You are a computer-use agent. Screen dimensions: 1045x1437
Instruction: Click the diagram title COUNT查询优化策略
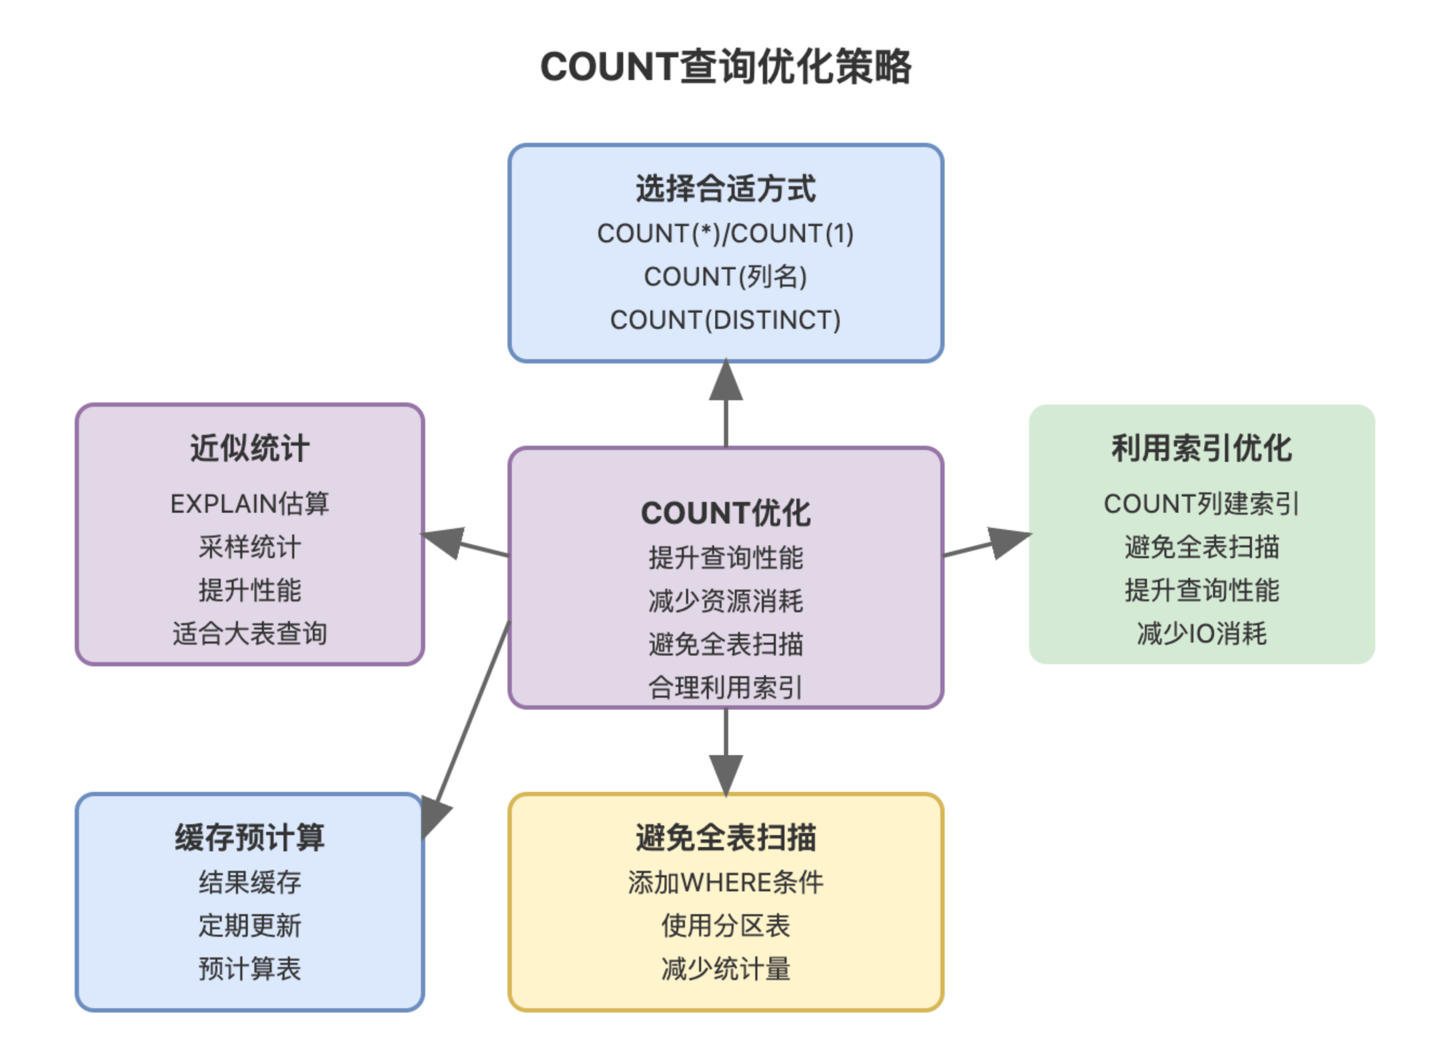(726, 67)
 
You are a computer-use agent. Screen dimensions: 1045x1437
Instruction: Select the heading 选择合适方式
(726, 189)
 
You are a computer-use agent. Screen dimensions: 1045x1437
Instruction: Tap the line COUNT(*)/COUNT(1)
(726, 234)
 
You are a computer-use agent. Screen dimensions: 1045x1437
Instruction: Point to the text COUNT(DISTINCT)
(726, 320)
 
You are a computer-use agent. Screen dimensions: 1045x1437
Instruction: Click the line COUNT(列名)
(726, 277)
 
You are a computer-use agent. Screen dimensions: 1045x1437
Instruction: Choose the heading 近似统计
(249, 448)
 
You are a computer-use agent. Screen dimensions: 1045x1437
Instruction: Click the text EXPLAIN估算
(249, 504)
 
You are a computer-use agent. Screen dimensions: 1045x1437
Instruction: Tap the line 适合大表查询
(249, 633)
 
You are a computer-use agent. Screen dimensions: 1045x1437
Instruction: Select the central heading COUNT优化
(726, 513)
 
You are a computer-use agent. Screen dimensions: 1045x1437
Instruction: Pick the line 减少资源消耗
(726, 601)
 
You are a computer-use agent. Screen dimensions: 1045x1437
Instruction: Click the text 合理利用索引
(726, 687)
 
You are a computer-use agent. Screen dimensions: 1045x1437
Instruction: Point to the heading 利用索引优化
(1201, 448)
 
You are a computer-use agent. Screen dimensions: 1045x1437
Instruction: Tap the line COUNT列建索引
(1201, 504)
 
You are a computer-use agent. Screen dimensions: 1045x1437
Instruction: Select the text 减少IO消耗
(1201, 633)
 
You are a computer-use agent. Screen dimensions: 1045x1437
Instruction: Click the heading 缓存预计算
(249, 837)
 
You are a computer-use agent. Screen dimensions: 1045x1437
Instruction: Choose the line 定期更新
(249, 925)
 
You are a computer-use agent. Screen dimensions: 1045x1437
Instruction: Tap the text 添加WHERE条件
(726, 882)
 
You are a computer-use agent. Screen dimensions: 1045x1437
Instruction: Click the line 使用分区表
(726, 925)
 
